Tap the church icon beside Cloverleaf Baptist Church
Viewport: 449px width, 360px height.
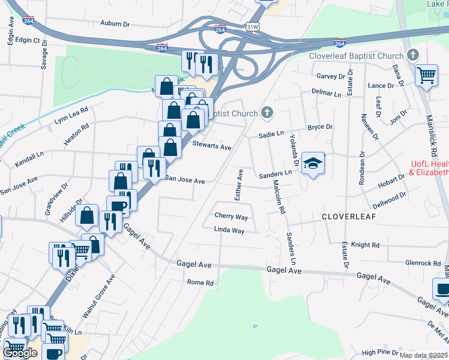point(412,56)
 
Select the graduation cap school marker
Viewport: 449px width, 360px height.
point(312,163)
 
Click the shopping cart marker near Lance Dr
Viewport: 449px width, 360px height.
point(426,76)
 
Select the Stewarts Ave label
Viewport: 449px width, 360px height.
point(211,146)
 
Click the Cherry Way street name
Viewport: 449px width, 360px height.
point(231,216)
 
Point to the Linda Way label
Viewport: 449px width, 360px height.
point(229,230)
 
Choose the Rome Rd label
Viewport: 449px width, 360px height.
point(200,282)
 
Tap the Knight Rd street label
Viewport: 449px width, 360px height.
point(366,245)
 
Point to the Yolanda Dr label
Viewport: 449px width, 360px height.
point(294,150)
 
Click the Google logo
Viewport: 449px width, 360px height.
point(20,353)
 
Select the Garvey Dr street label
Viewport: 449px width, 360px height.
point(331,76)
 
